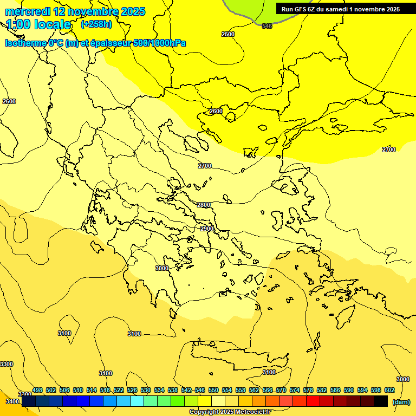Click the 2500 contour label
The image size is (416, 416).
pyautogui.click(x=228, y=34)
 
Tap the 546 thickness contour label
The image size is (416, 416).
pyautogui.click(x=267, y=26)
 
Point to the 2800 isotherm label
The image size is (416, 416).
pyautogui.click(x=204, y=205)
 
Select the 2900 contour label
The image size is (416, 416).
pyautogui.click(x=206, y=229)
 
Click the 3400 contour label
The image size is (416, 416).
pyautogui.click(x=11, y=401)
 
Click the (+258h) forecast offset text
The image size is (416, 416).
pyautogui.click(x=96, y=24)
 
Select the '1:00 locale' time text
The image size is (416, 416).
pyautogui.click(x=38, y=24)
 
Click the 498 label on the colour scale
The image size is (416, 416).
pyautogui.click(x=37, y=390)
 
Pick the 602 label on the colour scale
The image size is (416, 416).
pyautogui.click(x=389, y=390)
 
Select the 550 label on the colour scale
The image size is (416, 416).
pyautogui.click(x=213, y=390)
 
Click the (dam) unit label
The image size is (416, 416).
pyautogui.click(x=401, y=401)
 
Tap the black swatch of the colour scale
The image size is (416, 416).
pyautogui.click(x=381, y=401)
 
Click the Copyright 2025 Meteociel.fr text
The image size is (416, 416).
pyautogui.click(x=230, y=412)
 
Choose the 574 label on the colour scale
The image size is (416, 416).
pyautogui.click(x=295, y=390)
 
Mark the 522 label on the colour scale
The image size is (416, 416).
pyautogui.click(x=119, y=390)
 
